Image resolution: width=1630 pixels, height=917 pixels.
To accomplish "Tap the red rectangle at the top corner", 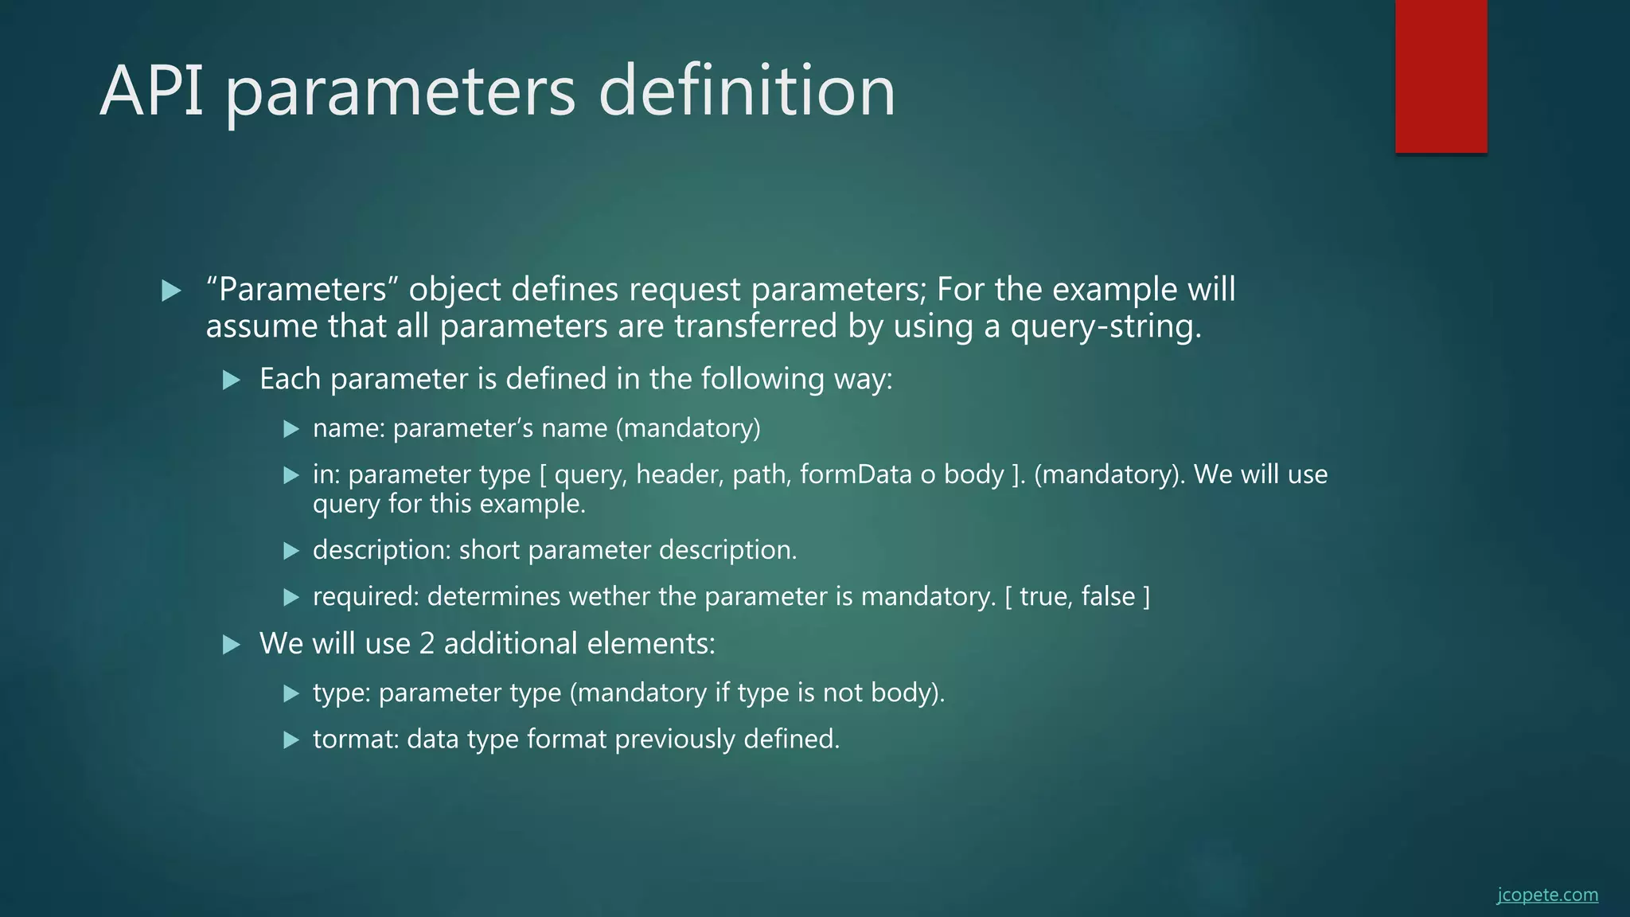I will [1441, 76].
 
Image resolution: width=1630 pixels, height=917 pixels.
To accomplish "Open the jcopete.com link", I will [1546, 895].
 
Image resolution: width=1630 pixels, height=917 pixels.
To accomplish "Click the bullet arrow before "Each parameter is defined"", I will [232, 380].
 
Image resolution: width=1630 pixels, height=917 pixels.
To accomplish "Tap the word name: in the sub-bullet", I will [349, 428].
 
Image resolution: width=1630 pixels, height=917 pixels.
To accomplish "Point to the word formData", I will [856, 474].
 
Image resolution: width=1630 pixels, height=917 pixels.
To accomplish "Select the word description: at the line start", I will [381, 550].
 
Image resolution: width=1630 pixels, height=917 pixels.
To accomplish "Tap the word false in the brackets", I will [1107, 596].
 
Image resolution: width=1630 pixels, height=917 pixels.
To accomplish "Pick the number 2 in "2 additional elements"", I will [427, 644].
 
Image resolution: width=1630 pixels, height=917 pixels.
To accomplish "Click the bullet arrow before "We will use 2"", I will [232, 645].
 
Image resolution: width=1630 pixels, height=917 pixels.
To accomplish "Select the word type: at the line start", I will [341, 693].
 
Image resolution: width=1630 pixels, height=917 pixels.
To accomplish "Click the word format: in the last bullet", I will [355, 739].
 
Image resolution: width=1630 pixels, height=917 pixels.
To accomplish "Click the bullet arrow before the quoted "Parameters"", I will [171, 291].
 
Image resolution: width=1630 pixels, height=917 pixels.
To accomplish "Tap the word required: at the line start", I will [365, 596].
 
